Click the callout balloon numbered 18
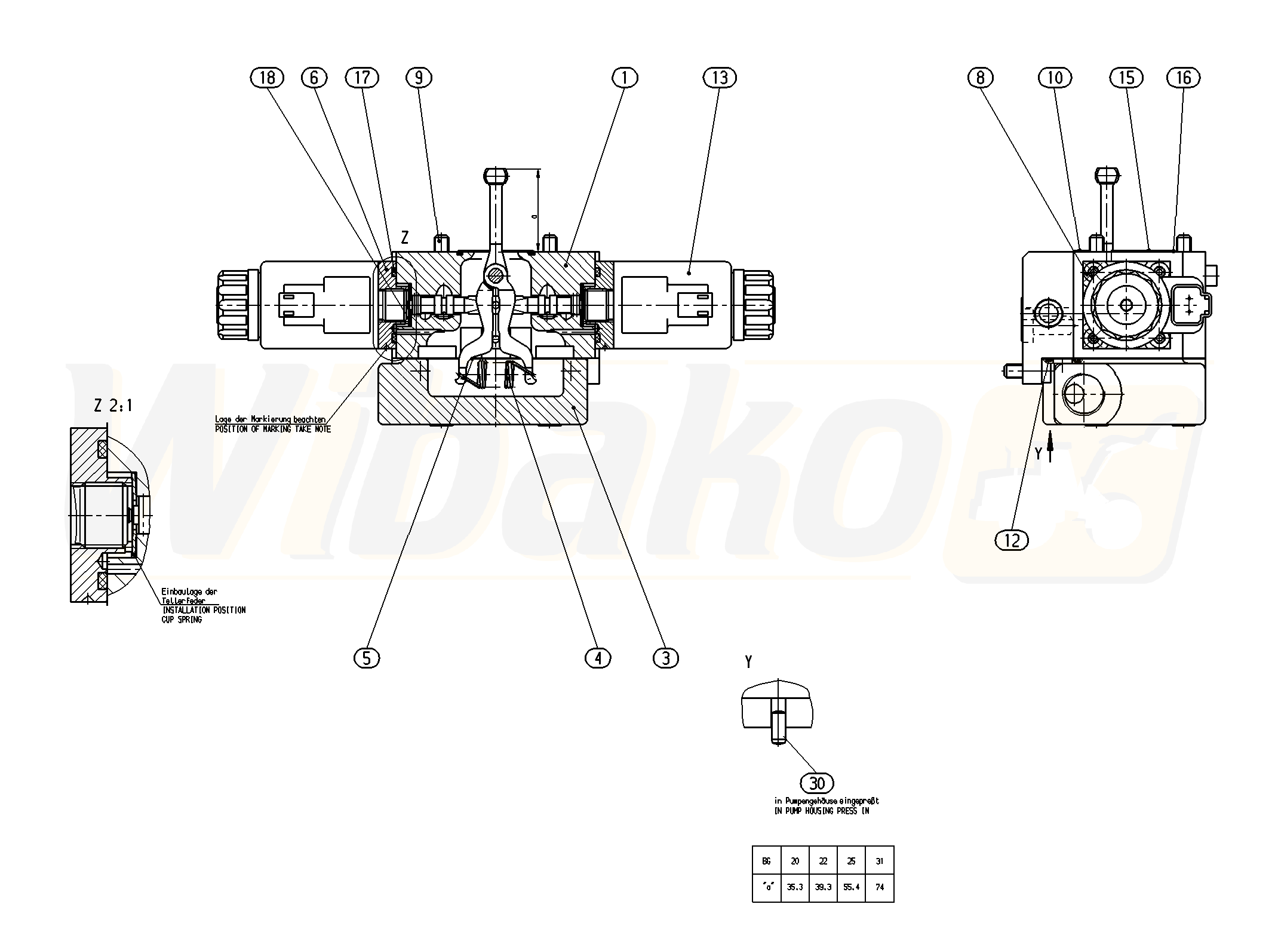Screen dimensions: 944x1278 click(267, 78)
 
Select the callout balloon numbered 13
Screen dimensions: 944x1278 click(720, 78)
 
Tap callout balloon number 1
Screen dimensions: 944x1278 click(625, 78)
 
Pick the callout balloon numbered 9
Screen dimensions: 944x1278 click(418, 78)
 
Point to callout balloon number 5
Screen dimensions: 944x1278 click(367, 658)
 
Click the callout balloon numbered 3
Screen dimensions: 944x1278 click(666, 658)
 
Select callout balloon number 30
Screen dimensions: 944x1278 click(816, 783)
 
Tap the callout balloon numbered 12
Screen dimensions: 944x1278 click(1012, 540)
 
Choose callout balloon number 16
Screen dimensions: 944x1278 click(1183, 78)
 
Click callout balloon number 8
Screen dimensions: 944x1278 click(981, 78)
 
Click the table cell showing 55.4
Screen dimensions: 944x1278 click(852, 887)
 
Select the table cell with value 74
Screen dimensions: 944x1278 click(880, 887)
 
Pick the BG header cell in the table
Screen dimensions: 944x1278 click(766, 862)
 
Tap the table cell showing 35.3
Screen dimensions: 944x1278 click(795, 887)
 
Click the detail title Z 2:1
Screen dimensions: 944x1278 click(113, 406)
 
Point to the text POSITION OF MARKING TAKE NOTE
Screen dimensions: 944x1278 click(273, 429)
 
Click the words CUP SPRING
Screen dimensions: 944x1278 click(182, 620)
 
